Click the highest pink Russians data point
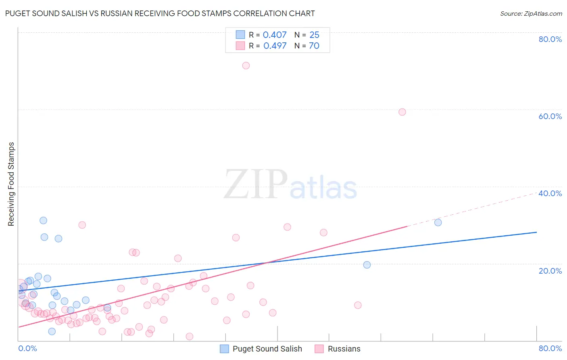[246, 65]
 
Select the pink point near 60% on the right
[402, 112]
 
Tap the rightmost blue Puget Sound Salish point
[438, 222]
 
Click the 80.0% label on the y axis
[550, 39]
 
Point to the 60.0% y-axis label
[550, 116]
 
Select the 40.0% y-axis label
[550, 193]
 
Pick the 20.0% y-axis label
[550, 270]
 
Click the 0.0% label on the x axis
[28, 348]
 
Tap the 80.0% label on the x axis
[550, 348]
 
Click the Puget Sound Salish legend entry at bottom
[267, 349]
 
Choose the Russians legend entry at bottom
[344, 349]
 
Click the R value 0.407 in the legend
[275, 35]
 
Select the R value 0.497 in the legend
[275, 46]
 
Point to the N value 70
[314, 46]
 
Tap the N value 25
[314, 35]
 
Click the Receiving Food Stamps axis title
[11, 184]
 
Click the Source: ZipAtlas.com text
[531, 13]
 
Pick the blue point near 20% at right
[367, 265]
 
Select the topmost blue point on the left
[43, 220]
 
